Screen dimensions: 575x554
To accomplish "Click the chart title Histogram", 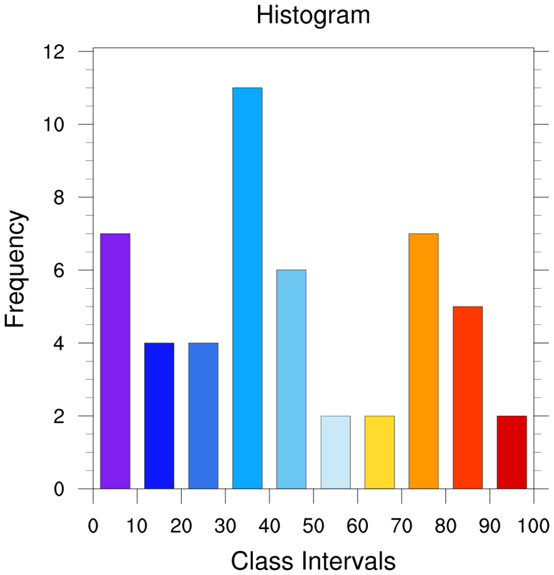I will point(313,15).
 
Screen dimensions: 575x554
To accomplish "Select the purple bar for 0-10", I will point(115,361).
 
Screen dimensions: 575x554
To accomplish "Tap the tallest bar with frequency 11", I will point(247,288).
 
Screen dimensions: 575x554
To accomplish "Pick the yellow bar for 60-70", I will point(380,452).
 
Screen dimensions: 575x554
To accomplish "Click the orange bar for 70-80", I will point(423,361).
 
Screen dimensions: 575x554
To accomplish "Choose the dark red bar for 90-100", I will point(512,452).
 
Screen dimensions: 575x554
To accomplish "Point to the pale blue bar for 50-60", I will point(336,452).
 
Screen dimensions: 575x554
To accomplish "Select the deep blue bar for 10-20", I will point(159,415).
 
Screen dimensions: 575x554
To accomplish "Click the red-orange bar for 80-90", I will point(467,397).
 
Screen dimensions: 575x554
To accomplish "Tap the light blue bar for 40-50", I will point(291,379).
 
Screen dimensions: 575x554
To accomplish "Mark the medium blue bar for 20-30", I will point(203,415).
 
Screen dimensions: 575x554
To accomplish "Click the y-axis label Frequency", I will point(15,269).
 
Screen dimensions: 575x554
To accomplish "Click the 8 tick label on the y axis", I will point(58,198).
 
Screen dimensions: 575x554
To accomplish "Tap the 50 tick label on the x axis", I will point(313,526).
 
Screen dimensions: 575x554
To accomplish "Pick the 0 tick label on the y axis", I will point(58,489).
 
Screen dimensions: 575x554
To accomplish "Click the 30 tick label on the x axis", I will point(225,526).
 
